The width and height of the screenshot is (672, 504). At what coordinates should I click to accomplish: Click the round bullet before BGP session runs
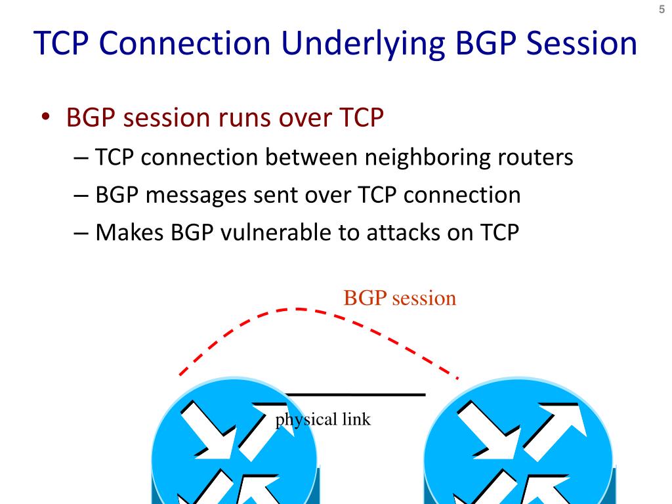47,118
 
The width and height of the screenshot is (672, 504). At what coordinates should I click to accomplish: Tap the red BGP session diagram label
400,299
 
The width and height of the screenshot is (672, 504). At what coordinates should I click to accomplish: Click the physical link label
323,419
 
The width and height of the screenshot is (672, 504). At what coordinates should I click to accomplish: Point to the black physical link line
354,395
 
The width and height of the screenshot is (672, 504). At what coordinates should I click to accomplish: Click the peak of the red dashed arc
299,308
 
